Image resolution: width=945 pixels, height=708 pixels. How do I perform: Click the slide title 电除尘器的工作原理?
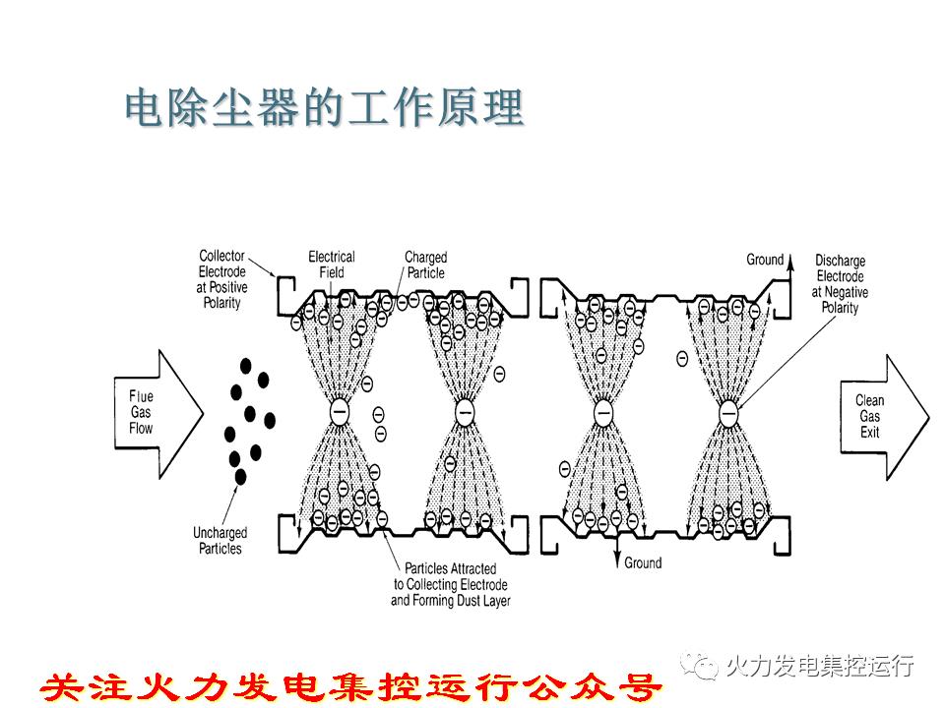324,109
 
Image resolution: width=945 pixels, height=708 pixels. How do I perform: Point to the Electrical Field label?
332,265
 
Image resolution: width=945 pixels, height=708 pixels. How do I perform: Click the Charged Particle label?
425,265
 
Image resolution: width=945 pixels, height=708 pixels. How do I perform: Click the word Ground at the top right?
765,260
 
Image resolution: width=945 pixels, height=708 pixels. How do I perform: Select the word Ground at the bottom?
643,563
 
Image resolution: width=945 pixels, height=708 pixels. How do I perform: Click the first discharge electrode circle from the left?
339,413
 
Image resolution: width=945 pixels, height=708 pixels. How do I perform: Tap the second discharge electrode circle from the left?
466,413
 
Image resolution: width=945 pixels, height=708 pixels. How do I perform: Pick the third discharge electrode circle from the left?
602,413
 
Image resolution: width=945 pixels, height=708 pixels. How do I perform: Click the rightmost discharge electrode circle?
728,413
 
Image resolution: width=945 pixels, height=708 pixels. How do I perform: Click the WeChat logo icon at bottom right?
705,666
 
